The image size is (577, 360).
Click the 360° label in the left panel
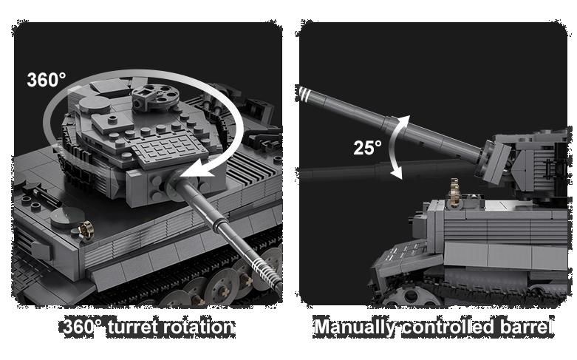(x=47, y=79)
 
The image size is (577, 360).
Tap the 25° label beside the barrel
(x=367, y=148)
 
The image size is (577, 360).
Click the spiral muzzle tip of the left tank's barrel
(x=267, y=271)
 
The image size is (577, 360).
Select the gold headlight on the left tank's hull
(x=86, y=231)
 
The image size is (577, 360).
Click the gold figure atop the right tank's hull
(x=455, y=192)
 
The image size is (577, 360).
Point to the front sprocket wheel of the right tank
(x=411, y=296)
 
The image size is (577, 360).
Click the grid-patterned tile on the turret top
(x=170, y=149)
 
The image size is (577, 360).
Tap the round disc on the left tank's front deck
(x=68, y=217)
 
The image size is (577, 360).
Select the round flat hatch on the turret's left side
(x=95, y=104)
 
